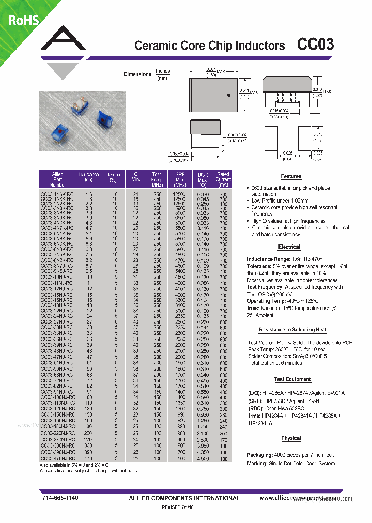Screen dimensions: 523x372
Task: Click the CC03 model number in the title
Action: tap(315, 44)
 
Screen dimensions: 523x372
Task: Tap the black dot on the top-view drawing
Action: tap(214, 95)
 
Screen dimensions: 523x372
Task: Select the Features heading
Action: tap(291, 176)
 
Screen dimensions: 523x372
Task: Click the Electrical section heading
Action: tap(289, 247)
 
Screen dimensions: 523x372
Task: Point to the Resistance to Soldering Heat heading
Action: tap(292, 329)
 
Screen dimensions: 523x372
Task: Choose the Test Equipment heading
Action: tap(292, 379)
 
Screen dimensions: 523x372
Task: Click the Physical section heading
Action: tap(291, 438)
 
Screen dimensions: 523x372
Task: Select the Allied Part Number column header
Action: tap(57, 179)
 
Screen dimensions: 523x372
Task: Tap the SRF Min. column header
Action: tap(179, 179)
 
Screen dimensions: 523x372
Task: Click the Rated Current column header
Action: tap(223, 179)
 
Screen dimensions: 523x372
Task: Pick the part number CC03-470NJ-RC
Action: tap(57, 458)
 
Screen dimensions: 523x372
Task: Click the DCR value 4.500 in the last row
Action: tap(203, 458)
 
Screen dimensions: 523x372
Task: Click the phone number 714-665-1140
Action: tap(59, 498)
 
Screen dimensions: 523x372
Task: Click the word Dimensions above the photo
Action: tap(137, 74)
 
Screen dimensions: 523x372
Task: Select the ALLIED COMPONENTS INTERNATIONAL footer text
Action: tap(183, 498)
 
